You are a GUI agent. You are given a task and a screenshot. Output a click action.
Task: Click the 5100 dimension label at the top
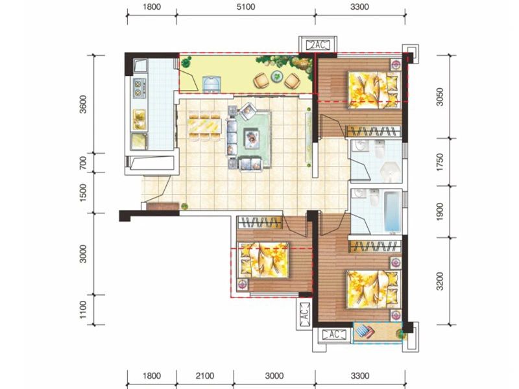246,6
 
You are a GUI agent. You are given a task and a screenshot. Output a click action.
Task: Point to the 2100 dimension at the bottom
205,376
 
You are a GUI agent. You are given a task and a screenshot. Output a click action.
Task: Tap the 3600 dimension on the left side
83,104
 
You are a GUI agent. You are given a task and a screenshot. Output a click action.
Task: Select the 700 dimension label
83,163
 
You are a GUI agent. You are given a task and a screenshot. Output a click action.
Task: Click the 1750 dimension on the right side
440,162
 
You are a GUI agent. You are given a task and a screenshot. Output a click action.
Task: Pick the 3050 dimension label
440,97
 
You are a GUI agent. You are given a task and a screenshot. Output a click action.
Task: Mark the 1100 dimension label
83,310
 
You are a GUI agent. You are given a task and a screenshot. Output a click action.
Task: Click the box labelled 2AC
318,45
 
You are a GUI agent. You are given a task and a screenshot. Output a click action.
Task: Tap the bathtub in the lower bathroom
392,213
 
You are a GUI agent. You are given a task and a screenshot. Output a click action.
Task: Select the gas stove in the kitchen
139,88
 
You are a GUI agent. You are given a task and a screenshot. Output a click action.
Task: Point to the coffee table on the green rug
252,139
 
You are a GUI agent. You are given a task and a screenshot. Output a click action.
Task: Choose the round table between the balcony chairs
277,77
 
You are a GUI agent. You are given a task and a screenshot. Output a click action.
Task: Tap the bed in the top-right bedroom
374,89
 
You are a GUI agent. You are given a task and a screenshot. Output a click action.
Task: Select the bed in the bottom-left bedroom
263,260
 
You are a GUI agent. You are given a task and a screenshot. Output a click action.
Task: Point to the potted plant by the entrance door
184,206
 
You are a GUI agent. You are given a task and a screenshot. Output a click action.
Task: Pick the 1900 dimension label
440,213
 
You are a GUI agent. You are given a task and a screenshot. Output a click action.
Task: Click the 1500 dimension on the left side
83,193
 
